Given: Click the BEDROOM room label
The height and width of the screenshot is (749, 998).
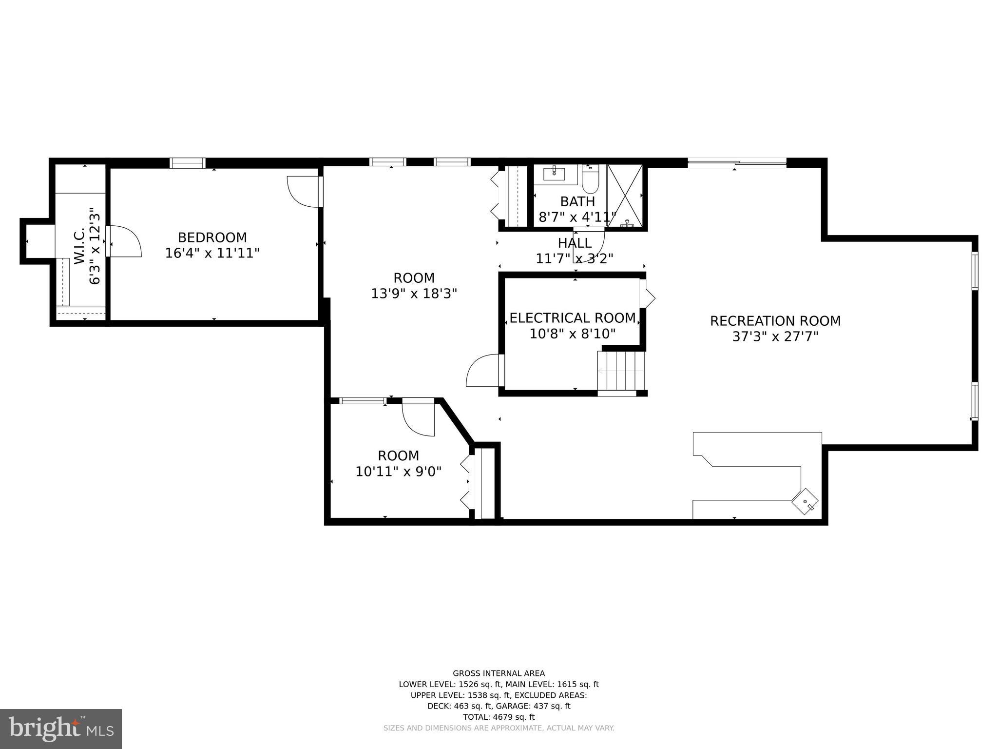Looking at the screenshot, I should tap(212, 237).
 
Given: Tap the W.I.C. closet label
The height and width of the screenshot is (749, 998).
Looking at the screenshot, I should tap(80, 246).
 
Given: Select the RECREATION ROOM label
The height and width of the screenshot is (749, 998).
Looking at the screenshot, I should tap(775, 321).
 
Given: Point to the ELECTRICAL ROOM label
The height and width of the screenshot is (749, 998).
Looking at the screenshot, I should tap(572, 318).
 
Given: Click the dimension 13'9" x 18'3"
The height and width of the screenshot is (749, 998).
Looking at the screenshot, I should tap(414, 294).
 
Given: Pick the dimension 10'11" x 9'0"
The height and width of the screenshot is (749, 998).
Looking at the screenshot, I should tap(398, 472).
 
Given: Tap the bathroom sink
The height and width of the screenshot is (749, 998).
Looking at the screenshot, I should tap(555, 173).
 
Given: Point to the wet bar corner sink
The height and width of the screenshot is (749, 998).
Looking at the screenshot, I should tap(805, 501).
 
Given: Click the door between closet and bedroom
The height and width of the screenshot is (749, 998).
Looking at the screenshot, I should tap(124, 241).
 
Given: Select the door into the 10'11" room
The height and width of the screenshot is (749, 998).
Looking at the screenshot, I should tap(419, 418).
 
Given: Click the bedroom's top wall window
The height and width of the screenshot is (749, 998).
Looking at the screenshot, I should tap(187, 163).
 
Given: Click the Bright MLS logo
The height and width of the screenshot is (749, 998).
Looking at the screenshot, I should tap(60, 729).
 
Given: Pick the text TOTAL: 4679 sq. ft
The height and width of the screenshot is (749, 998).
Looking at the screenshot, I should tap(499, 717).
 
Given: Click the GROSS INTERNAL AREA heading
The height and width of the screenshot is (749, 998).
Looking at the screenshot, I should tap(499, 673).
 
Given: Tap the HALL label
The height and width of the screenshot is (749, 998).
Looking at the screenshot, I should tap(575, 243).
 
